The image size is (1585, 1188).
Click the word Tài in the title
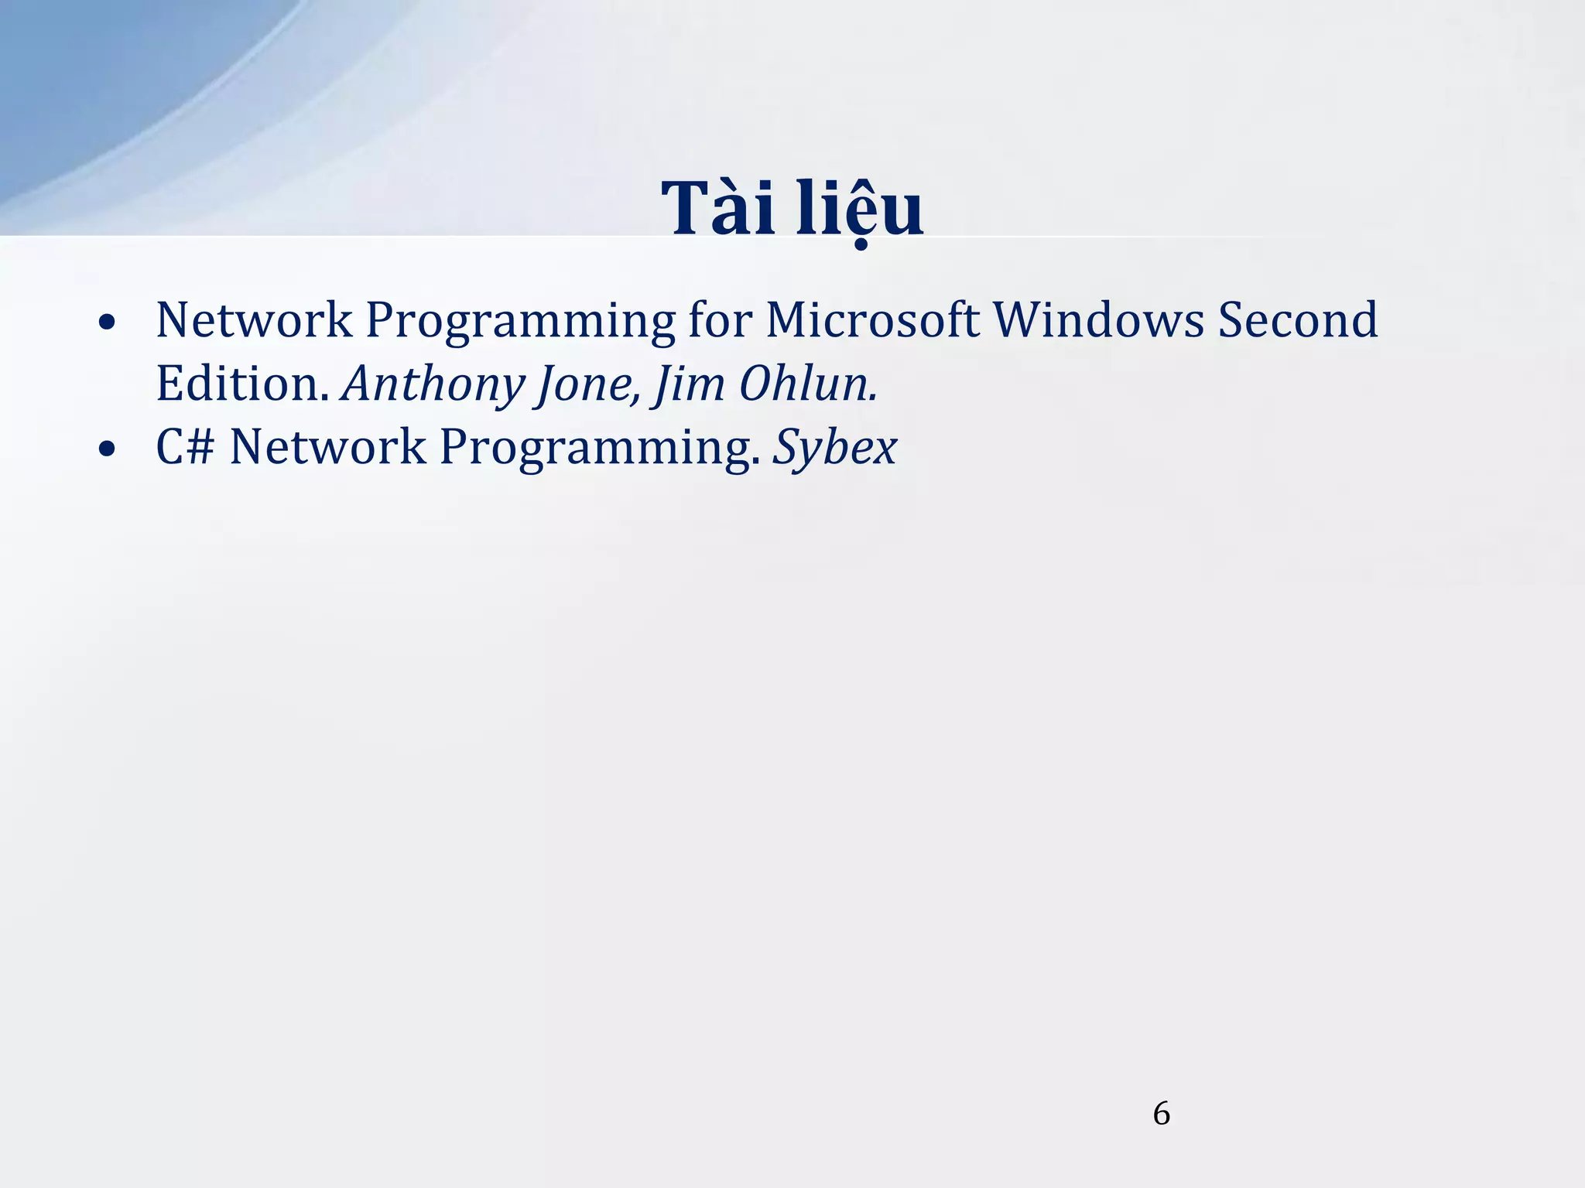coord(718,209)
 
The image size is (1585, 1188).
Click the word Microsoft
coord(872,319)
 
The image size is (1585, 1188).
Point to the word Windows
coord(1098,319)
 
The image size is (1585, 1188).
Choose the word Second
coord(1298,319)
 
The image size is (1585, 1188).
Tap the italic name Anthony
coord(433,384)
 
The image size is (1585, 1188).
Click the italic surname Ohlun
coord(807,384)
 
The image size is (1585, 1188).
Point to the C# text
coord(185,447)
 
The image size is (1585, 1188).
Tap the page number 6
coord(1161,1114)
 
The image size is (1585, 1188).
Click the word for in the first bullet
coord(720,319)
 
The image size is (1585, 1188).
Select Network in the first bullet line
coord(254,319)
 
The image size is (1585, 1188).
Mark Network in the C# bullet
coord(327,447)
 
